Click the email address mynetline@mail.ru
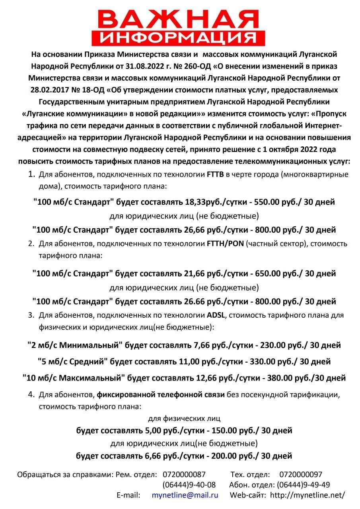pyautogui.click(x=185, y=495)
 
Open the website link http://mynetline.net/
pyautogui.click(x=307, y=495)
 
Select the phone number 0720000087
pyautogui.click(x=184, y=474)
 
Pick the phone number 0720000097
pyautogui.click(x=301, y=474)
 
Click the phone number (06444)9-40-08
pyautogui.click(x=189, y=485)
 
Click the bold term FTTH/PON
pyautogui.click(x=225, y=244)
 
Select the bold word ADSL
pyautogui.click(x=216, y=315)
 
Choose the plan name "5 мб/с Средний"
pyautogui.click(x=72, y=362)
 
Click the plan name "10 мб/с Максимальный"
pyautogui.click(x=74, y=378)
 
